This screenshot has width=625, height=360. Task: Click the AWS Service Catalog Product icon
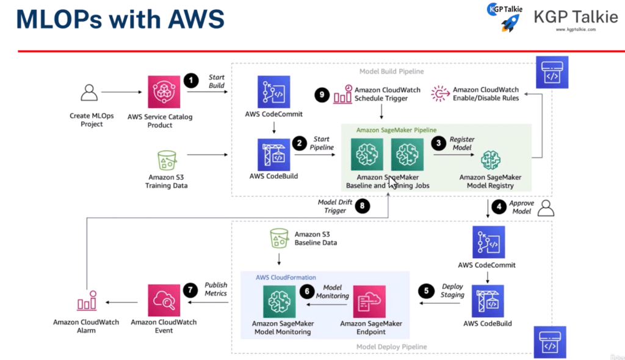pos(164,92)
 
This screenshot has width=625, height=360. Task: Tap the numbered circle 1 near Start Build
pos(192,80)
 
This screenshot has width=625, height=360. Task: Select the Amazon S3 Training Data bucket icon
pos(167,160)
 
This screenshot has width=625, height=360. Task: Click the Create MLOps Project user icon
pos(90,93)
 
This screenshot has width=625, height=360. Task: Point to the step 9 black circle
pos(322,95)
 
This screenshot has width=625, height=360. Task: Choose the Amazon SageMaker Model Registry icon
pos(490,160)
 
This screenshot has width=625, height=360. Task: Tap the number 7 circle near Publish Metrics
pos(192,289)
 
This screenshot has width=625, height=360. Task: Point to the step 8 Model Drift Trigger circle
pos(363,207)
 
